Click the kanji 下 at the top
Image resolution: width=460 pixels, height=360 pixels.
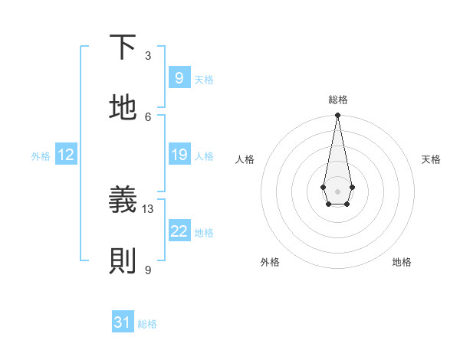(x=123, y=47)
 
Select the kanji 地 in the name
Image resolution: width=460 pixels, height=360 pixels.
(x=123, y=108)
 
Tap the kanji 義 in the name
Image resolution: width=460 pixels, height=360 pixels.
(x=123, y=201)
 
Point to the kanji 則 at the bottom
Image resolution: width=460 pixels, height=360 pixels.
(x=123, y=261)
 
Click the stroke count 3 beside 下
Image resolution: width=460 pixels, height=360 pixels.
(x=148, y=55)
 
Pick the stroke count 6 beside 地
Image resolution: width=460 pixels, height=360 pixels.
(x=148, y=116)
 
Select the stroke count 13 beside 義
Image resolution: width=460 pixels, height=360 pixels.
(x=148, y=208)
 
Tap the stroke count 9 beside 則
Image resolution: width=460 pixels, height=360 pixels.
(x=148, y=270)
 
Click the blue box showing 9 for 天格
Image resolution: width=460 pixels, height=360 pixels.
(x=179, y=78)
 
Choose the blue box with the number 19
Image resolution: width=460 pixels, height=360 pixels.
(x=179, y=155)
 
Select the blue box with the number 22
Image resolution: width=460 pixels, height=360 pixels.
(x=179, y=231)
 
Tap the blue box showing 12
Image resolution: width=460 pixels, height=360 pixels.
(x=66, y=155)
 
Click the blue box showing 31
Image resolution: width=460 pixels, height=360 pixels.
(x=123, y=322)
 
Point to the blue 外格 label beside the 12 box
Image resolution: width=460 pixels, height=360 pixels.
(x=41, y=156)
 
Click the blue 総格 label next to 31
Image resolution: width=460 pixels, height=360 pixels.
(x=147, y=324)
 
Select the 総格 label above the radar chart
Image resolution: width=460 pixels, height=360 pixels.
(x=337, y=100)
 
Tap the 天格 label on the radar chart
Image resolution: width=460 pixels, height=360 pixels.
(x=431, y=159)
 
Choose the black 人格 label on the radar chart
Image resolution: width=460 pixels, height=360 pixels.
(x=245, y=159)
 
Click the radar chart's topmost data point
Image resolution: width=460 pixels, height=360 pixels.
(x=337, y=116)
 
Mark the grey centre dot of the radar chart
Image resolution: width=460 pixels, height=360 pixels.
(x=337, y=190)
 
